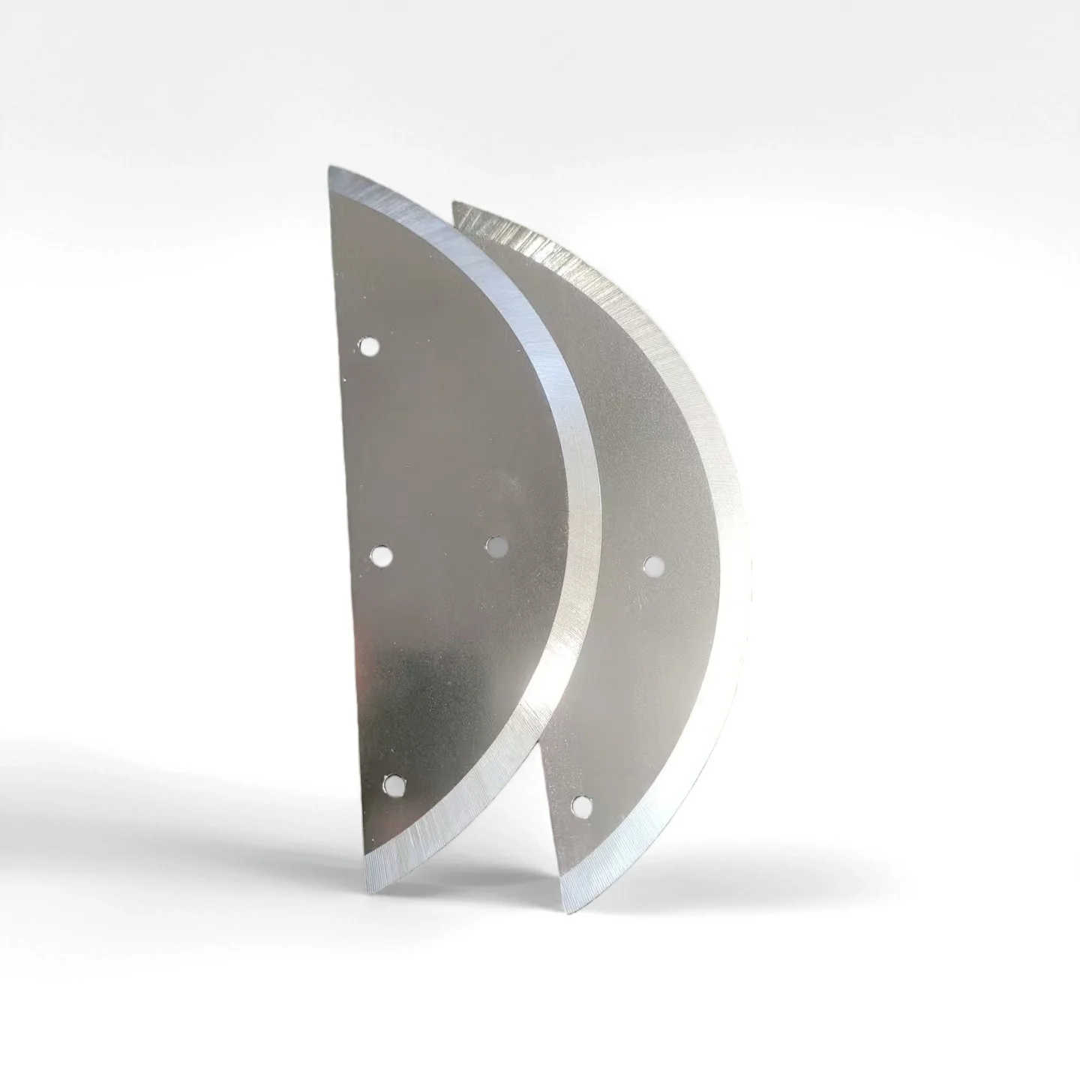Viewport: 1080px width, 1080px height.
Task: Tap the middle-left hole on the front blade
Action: point(382,556)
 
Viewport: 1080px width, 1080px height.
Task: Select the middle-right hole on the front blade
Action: point(496,547)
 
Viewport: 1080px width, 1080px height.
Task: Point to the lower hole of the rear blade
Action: point(579,805)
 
